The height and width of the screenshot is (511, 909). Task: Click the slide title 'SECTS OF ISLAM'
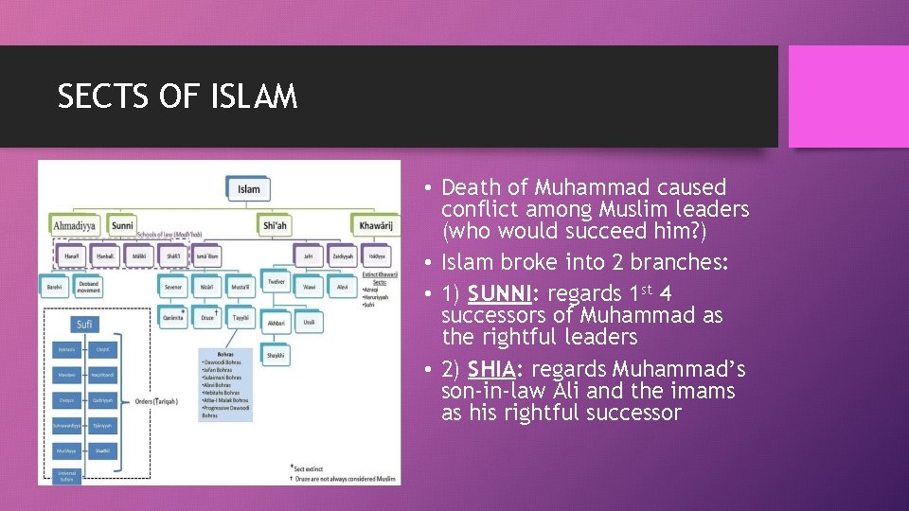point(177,97)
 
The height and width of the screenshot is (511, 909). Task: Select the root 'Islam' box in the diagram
point(248,188)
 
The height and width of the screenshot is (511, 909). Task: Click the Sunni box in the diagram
point(122,226)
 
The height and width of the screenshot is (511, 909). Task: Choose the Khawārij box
point(376,226)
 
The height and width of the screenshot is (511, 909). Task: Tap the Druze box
point(207,318)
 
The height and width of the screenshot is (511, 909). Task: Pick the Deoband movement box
point(89,285)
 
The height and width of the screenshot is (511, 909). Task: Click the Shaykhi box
point(275,356)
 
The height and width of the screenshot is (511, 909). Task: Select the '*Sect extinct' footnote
point(312,467)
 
